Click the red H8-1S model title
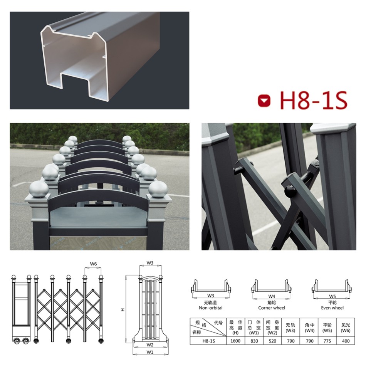[314, 100]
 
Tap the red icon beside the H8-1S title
[264, 101]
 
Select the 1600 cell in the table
[235, 341]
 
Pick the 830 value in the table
[254, 341]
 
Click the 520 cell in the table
[272, 341]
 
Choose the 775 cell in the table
[327, 341]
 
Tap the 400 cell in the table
[346, 341]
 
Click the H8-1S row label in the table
[208, 341]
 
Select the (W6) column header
[346, 331]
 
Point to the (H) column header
[235, 333]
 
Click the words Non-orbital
[211, 308]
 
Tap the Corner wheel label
[272, 308]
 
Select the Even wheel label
[332, 308]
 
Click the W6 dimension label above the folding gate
[93, 264]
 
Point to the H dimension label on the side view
[123, 310]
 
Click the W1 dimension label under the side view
[150, 352]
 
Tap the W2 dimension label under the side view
[150, 345]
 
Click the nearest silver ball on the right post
[158, 190]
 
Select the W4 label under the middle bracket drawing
[272, 296]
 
